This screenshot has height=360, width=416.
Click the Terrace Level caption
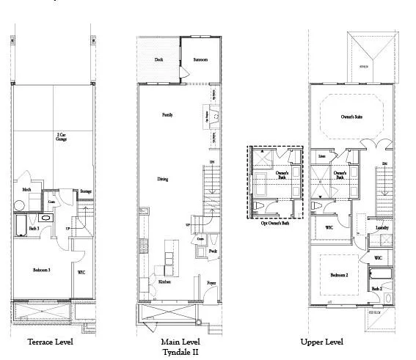(x=51, y=342)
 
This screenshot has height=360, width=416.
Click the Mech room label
(x=26, y=190)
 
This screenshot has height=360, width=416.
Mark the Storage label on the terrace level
(x=86, y=191)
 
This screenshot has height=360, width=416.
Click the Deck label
(x=158, y=59)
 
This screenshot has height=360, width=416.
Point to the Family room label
(x=167, y=115)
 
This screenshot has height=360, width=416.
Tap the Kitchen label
(x=165, y=281)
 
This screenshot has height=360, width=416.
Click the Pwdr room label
(x=212, y=251)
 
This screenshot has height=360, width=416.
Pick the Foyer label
(x=211, y=281)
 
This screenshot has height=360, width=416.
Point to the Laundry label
(x=380, y=228)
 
